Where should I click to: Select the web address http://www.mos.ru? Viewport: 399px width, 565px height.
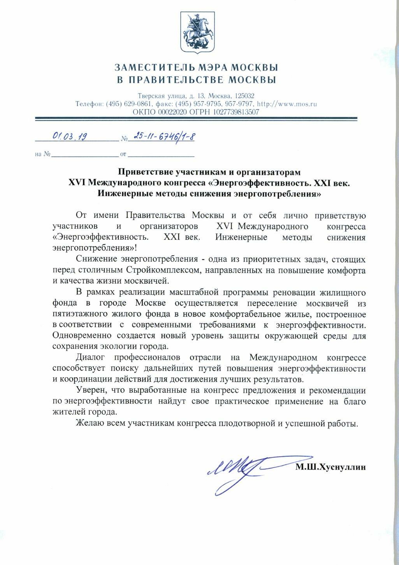click(287, 104)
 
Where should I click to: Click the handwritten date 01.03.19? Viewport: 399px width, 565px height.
click(70, 136)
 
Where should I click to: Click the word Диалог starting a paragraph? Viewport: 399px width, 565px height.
click(90, 357)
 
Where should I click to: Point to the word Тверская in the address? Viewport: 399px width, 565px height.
click(150, 96)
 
